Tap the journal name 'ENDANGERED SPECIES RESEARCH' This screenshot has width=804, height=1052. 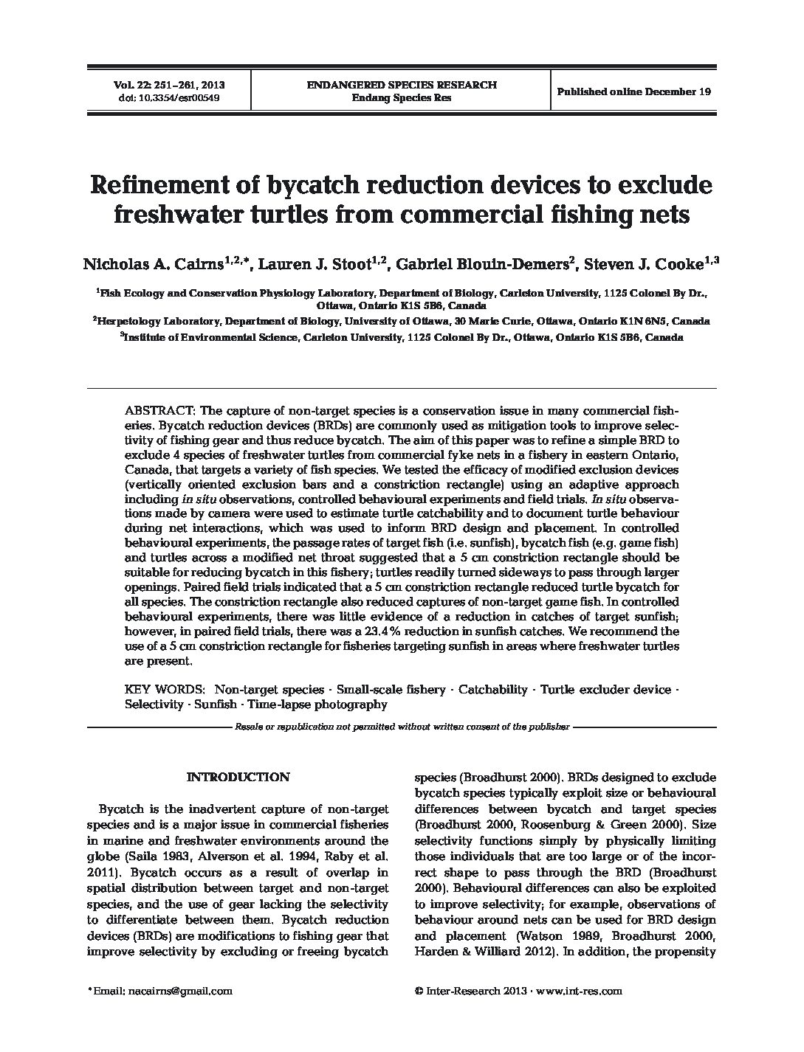pos(402,86)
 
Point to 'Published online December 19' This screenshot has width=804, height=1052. pos(634,91)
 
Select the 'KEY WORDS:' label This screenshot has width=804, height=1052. pos(165,690)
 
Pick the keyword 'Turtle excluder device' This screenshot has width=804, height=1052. pos(605,690)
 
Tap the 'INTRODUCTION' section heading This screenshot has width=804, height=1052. pos(238,777)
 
